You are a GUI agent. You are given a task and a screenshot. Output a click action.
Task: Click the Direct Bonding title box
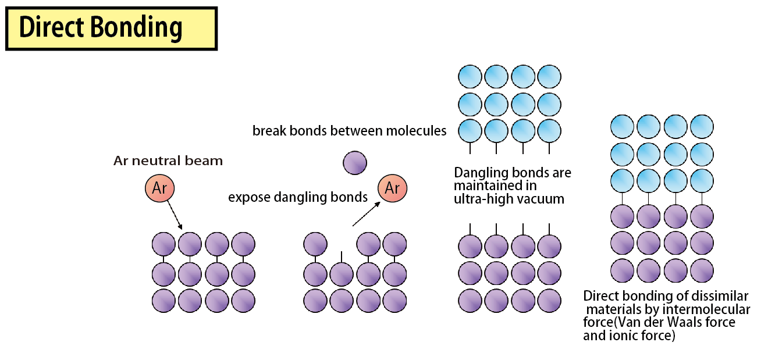click(111, 28)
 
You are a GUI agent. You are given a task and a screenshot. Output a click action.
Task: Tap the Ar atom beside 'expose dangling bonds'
click(393, 188)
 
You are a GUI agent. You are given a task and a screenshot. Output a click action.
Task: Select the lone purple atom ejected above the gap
click(355, 163)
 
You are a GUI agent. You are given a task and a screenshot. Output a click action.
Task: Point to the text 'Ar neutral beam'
click(168, 161)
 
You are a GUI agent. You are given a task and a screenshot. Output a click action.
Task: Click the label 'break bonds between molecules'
click(349, 131)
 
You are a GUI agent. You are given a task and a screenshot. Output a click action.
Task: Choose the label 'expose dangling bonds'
click(298, 197)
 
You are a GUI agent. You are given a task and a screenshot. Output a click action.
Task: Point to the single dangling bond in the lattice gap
click(342, 256)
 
